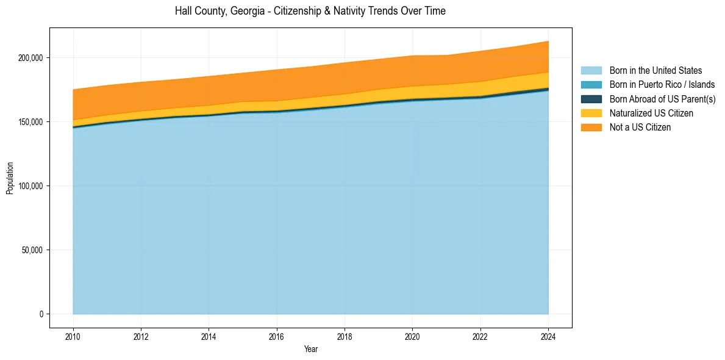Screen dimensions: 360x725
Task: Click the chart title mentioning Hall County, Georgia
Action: [x=310, y=11]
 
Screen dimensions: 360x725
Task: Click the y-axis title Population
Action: [x=10, y=178]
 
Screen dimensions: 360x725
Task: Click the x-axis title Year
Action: [x=310, y=350]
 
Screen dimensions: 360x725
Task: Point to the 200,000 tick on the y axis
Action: [x=31, y=57]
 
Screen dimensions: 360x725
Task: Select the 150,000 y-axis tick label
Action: [x=31, y=121]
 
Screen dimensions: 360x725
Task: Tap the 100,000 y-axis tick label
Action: [x=31, y=185]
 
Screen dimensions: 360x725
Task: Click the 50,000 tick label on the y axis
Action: [x=33, y=250]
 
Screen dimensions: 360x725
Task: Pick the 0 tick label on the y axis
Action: [x=41, y=314]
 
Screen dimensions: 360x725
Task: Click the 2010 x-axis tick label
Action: [x=73, y=336]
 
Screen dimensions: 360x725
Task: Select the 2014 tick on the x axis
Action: [x=209, y=336]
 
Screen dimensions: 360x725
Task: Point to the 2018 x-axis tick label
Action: [x=345, y=336]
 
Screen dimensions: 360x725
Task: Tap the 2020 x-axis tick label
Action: [x=413, y=336]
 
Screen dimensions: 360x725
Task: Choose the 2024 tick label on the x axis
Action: [x=548, y=336]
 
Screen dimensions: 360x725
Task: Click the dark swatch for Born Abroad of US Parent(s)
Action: [x=591, y=99]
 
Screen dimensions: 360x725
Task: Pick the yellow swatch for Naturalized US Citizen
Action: [x=591, y=113]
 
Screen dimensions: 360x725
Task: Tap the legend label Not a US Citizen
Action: [x=640, y=128]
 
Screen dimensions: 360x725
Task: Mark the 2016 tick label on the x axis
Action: [x=277, y=336]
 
